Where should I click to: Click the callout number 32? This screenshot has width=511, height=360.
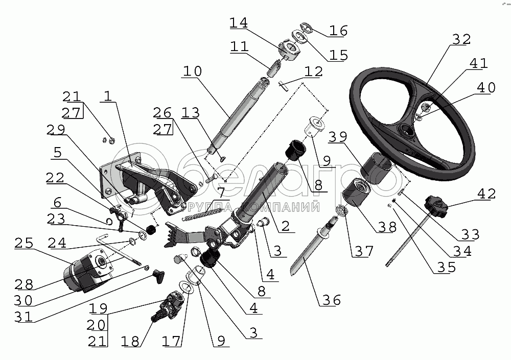461,39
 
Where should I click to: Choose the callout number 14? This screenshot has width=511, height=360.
238,22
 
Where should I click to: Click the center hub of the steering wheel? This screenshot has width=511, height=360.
408,132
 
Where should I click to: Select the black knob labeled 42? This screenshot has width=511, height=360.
436,205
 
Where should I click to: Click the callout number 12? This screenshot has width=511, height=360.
313,71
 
